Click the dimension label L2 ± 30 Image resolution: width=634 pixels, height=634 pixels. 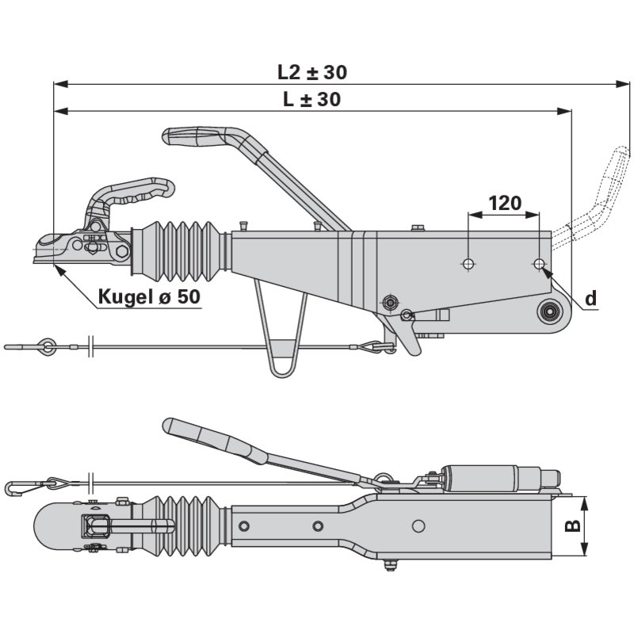click(x=311, y=72)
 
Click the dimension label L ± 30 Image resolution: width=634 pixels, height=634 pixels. click(x=311, y=100)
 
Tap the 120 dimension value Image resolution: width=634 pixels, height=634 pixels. click(x=504, y=203)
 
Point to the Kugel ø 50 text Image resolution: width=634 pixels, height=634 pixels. click(x=149, y=297)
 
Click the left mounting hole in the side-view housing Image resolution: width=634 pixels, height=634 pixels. click(x=468, y=262)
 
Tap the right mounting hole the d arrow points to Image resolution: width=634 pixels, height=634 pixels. click(x=539, y=262)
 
